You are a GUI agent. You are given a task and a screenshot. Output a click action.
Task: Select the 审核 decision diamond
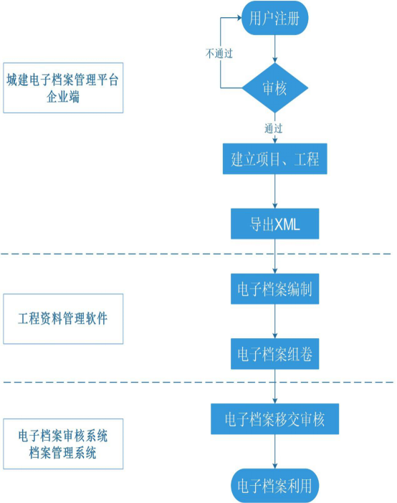(275, 88)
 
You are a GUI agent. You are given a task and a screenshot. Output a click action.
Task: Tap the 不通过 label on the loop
(219, 52)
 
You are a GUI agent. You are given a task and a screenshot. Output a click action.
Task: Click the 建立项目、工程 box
(275, 159)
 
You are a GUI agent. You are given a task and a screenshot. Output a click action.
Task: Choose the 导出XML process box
(275, 224)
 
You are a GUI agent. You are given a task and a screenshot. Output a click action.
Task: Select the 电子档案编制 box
(275, 289)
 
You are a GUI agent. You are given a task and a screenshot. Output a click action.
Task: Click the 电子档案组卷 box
(275, 353)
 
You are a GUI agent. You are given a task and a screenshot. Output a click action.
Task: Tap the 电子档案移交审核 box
(275, 418)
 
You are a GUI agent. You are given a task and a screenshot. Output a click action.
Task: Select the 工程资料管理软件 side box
(62, 318)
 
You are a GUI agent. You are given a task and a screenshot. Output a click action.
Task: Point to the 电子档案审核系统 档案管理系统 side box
(62, 444)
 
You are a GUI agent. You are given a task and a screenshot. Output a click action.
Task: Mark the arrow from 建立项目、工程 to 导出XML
(275, 192)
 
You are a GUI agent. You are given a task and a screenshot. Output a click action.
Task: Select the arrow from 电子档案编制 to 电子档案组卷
(275, 321)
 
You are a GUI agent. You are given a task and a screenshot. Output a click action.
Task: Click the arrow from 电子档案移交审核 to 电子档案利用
(275, 451)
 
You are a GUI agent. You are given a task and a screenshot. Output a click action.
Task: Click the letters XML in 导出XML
(287, 224)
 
